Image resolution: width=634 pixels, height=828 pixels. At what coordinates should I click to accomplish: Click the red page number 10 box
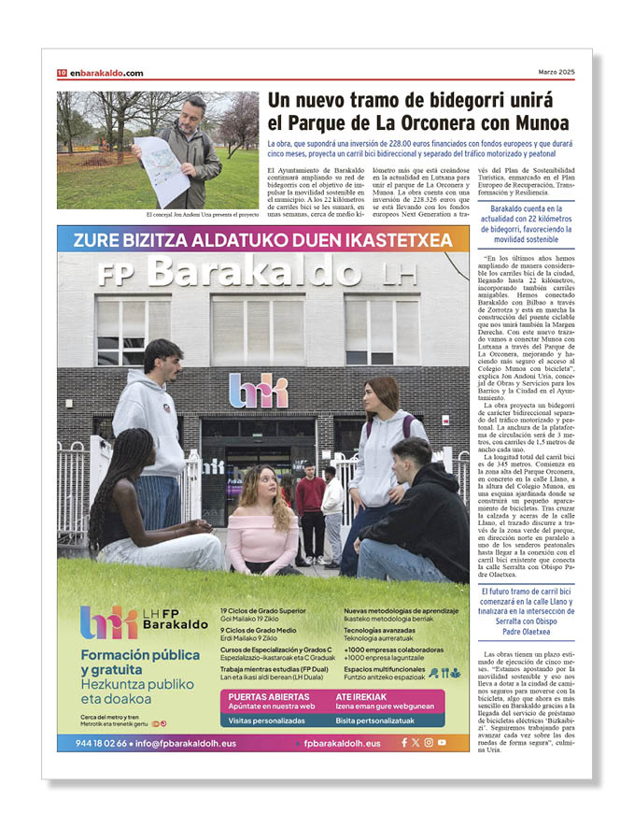click(x=62, y=73)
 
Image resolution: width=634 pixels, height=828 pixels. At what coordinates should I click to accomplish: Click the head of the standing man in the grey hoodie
click(x=162, y=356)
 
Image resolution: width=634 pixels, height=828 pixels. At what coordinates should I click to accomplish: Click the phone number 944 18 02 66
click(x=92, y=743)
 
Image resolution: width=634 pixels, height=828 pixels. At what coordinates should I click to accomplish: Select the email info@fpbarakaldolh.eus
click(x=176, y=743)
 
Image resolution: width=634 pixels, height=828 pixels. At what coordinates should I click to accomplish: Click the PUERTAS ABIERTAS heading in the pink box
click(x=269, y=696)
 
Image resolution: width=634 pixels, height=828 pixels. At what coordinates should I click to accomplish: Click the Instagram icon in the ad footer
click(x=429, y=743)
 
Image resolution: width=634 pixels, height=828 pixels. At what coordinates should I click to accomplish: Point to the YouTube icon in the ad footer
click(x=442, y=743)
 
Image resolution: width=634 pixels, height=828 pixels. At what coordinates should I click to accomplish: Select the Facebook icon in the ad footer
click(x=404, y=743)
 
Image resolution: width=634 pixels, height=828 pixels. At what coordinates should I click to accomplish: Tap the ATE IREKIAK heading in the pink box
click(x=361, y=696)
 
